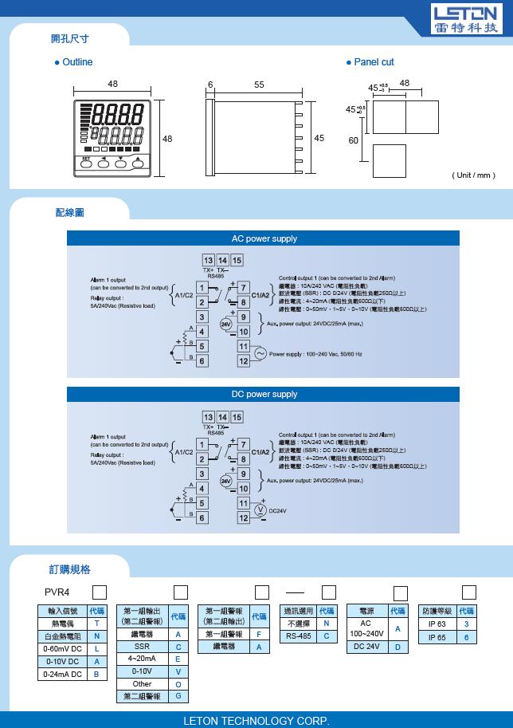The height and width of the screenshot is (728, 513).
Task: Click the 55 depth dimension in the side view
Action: click(x=260, y=85)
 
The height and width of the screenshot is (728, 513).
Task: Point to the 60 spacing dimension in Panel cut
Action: click(x=354, y=140)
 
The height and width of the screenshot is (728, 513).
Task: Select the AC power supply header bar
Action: click(x=264, y=238)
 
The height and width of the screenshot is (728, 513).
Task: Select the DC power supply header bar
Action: click(x=264, y=394)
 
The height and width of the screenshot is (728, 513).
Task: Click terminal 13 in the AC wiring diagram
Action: click(x=208, y=261)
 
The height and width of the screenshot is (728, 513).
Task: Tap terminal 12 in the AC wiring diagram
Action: click(x=244, y=361)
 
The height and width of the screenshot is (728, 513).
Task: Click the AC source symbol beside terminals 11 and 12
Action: click(x=260, y=353)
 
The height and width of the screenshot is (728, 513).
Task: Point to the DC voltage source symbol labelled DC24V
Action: click(x=260, y=510)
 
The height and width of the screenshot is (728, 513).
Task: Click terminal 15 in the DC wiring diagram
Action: click(x=237, y=417)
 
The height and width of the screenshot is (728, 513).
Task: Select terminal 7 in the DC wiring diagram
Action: click(x=244, y=444)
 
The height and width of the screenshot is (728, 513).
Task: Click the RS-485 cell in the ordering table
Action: click(x=300, y=636)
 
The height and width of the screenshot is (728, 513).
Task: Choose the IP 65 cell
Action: click(x=437, y=637)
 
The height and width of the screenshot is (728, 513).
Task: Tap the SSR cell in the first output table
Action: click(x=142, y=647)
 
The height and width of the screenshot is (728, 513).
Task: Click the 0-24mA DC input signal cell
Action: click(x=62, y=674)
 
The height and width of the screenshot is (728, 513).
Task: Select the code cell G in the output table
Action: click(x=178, y=696)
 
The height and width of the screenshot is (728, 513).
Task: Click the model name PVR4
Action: click(x=58, y=592)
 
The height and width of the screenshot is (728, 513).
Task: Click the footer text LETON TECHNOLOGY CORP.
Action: click(x=256, y=720)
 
